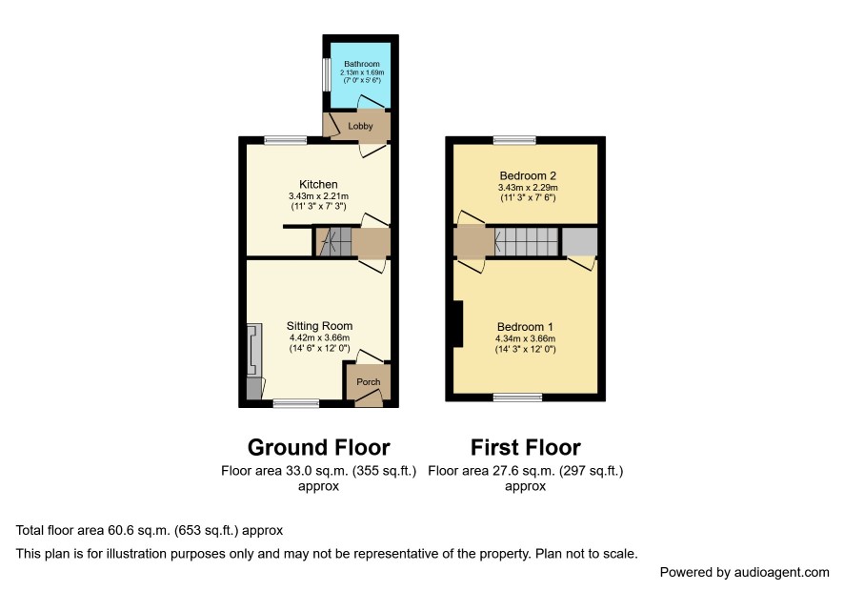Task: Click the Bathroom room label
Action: tap(362, 64)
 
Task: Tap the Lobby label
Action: tap(360, 126)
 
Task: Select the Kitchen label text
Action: tap(319, 184)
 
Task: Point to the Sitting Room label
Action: tap(319, 326)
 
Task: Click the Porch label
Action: tap(368, 382)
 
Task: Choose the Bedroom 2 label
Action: tap(528, 175)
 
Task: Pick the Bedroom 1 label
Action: tap(525, 327)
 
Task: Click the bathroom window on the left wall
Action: tap(326, 74)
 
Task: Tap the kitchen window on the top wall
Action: tap(285, 140)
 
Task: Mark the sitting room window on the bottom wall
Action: tap(296, 403)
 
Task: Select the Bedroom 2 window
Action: tap(515, 140)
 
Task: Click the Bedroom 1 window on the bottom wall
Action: tap(518, 397)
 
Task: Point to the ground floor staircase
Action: tap(333, 242)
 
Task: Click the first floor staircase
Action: tap(526, 242)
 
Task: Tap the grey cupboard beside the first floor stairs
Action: tap(580, 242)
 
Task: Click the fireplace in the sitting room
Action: tap(254, 350)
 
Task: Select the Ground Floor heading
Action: tap(319, 448)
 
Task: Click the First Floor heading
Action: tap(525, 448)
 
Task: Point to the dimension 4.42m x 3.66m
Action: tap(319, 337)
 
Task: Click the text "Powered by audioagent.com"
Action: tap(744, 572)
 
